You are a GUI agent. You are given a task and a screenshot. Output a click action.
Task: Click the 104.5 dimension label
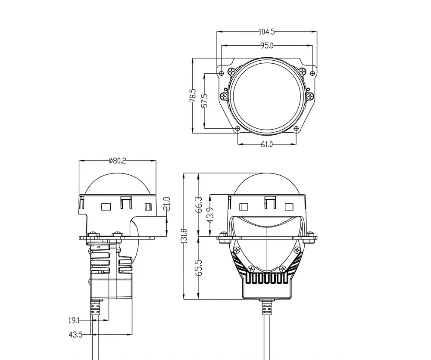267,32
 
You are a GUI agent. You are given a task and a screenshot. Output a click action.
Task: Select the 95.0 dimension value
267,46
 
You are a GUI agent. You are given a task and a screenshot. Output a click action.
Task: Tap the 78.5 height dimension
192,96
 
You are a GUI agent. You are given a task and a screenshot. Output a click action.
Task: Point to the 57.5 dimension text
204,100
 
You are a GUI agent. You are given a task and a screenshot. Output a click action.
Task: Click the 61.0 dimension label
267,144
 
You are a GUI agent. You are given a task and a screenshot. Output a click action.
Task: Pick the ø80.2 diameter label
117,161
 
